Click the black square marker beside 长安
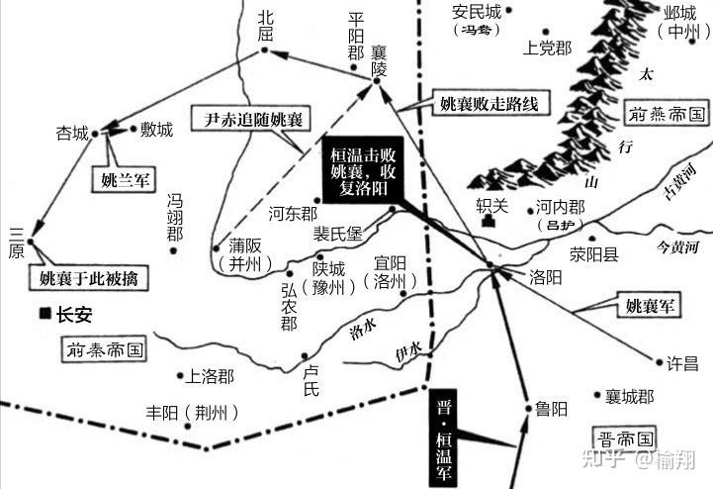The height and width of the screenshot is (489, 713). tap(45, 314)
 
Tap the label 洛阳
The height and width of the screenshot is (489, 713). tap(547, 279)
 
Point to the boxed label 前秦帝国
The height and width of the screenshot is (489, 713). tap(106, 349)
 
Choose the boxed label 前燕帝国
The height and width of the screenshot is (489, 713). tap(665, 114)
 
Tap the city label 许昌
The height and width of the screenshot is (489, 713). tap(684, 363)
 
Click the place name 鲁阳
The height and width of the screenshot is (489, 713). tap(552, 407)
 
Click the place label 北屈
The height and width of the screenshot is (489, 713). tap(265, 26)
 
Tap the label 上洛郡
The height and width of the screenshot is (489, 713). tap(210, 376)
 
